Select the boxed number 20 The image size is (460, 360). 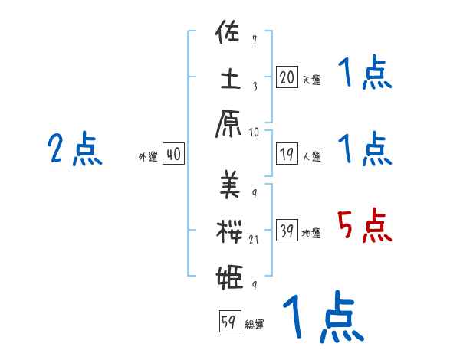(286, 77)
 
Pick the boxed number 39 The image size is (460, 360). (286, 231)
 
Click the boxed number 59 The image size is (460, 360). (228, 322)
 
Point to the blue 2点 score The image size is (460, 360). (74, 150)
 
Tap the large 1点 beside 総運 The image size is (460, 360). (322, 318)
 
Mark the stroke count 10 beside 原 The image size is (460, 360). (255, 132)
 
